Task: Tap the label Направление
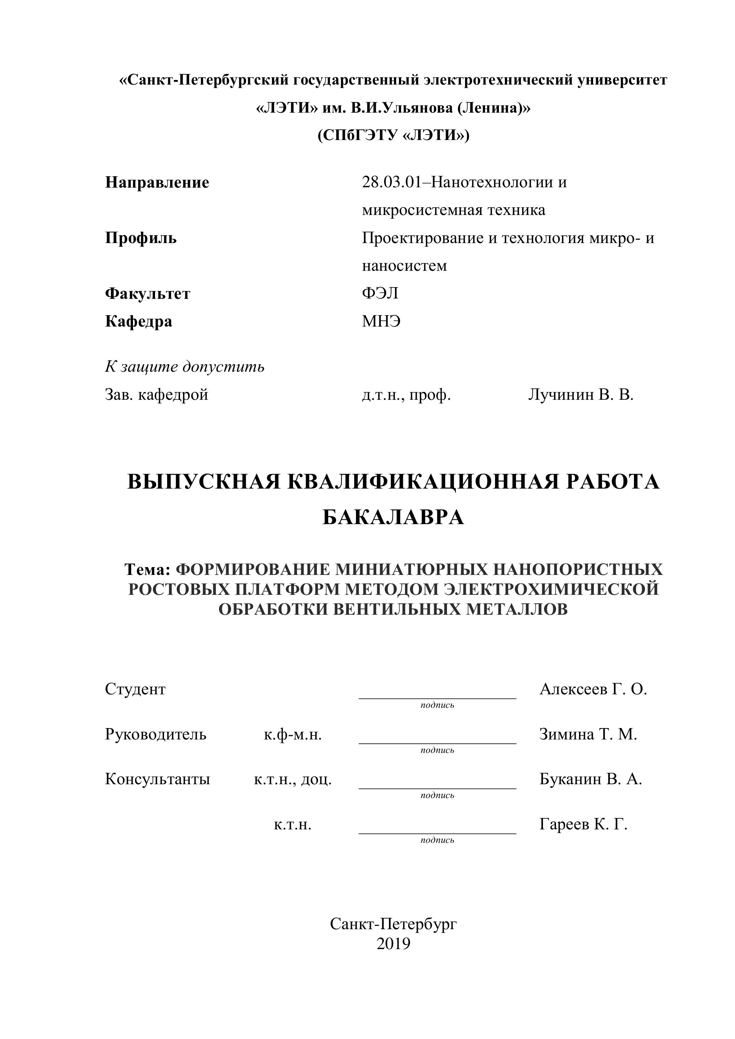tap(157, 182)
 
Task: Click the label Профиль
tap(141, 238)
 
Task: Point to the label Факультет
tap(148, 294)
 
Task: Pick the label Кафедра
tap(139, 321)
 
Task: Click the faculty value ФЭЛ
tap(380, 293)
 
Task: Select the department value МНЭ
tap(381, 321)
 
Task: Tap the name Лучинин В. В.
tap(581, 395)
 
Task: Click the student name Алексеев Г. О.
tap(593, 689)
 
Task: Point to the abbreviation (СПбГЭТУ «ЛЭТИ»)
tap(393, 135)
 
